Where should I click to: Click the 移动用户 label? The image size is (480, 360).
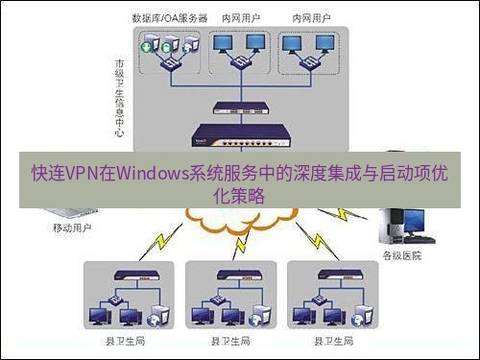(x=72, y=229)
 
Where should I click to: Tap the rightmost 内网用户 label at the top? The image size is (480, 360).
(x=307, y=18)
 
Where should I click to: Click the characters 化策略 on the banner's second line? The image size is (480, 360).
(x=239, y=195)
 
